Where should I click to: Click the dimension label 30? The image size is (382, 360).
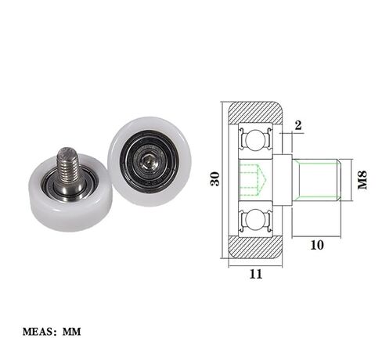214,178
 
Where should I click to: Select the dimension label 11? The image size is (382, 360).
256,274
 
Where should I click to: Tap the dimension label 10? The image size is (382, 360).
317,245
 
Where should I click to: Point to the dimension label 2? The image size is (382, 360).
298,125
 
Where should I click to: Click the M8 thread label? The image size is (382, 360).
362,180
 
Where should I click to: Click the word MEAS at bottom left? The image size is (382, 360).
38,332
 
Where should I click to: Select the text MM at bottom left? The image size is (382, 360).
71,332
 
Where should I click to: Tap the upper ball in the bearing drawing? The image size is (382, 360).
254,141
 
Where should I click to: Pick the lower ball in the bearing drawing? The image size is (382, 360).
254,220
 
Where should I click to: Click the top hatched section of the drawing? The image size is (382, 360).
256,112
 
